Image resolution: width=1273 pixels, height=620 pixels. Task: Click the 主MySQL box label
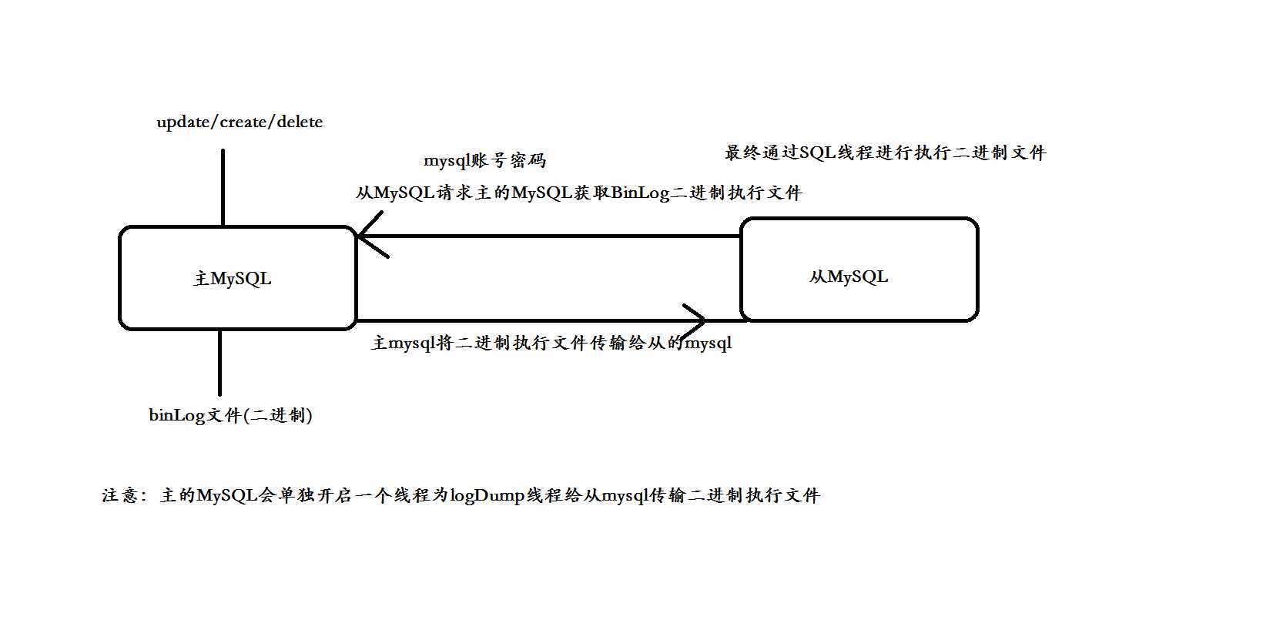233,279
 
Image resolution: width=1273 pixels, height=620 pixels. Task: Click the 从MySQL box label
849,276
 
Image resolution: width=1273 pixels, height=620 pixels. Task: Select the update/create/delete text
240,122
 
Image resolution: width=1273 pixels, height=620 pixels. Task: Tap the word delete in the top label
300,122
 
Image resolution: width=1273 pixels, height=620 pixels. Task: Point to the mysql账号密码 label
484,160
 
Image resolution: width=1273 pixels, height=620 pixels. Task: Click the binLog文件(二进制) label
231,415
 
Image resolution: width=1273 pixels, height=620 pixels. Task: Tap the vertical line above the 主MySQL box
223,187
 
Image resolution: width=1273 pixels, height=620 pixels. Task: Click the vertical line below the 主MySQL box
220,363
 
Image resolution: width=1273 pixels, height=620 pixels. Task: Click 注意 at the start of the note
120,495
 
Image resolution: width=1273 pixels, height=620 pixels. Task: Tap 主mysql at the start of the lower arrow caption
403,343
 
